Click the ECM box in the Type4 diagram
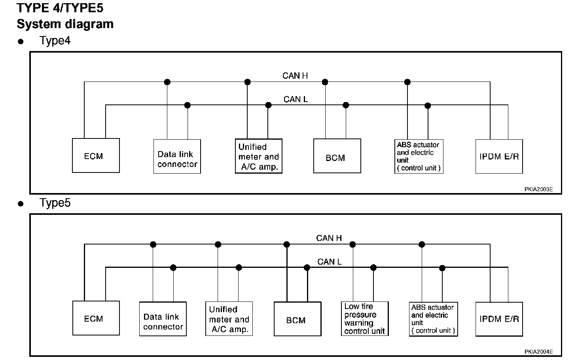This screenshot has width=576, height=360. [x=96, y=155]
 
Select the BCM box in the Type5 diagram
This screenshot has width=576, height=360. [x=297, y=319]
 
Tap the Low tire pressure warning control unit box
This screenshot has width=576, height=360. [x=365, y=319]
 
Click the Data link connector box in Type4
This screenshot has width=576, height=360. [x=177, y=156]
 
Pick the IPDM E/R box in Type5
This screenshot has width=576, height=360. [x=499, y=319]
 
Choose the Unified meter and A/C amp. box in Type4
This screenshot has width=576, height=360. [x=259, y=156]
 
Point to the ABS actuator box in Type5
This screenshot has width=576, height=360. [x=434, y=319]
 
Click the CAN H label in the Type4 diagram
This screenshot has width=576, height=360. [x=295, y=76]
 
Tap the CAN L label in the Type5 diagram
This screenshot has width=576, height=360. [x=330, y=261]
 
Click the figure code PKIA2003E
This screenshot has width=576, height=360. [x=539, y=189]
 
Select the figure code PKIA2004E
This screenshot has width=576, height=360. [x=539, y=352]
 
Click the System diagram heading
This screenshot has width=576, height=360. [x=65, y=24]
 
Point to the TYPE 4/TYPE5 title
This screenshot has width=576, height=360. [x=60, y=8]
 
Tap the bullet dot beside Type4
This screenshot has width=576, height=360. [x=21, y=42]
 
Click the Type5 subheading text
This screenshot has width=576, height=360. [x=55, y=203]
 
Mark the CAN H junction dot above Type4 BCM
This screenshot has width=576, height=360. [x=325, y=82]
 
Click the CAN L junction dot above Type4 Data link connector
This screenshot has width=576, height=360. [x=188, y=105]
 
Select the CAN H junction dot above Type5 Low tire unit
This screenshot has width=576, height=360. [x=352, y=244]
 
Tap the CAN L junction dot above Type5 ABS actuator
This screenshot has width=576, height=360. [x=442, y=268]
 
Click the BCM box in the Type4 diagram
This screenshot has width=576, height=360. [x=337, y=156]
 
